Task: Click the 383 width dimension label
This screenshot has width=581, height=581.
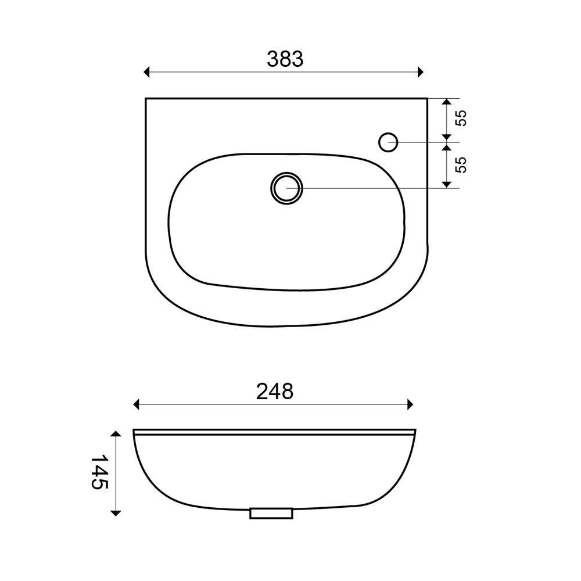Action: tap(285, 59)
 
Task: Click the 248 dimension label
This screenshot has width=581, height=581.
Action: tap(275, 391)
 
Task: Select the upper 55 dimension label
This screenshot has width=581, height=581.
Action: tap(462, 118)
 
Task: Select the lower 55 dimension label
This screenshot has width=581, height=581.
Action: tap(462, 164)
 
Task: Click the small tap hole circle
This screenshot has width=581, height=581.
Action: tap(388, 142)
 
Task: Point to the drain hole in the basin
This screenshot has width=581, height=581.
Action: tap(286, 188)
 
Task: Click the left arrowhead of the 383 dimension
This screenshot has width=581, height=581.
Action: tap(146, 72)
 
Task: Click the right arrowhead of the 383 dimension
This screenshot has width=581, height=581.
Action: tap(420, 72)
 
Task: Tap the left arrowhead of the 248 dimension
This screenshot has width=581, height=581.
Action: tap(136, 404)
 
